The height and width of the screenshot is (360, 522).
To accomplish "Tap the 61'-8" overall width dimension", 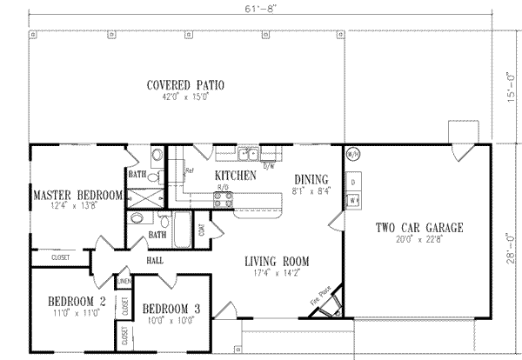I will pos(260,6).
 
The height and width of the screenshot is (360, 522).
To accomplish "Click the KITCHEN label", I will pos(235,176).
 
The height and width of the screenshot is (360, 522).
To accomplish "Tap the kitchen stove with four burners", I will pos(222,199).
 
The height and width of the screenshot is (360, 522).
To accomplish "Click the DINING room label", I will pos(310,179).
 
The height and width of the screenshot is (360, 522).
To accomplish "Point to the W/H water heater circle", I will pos(353,155).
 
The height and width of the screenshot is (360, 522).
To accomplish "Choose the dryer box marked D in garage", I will pos(353,180).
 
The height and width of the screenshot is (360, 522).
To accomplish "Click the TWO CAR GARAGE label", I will pos(418,228).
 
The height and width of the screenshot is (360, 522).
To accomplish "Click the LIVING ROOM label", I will pos(277,260).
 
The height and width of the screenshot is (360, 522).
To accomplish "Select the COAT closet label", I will pos(202,230).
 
